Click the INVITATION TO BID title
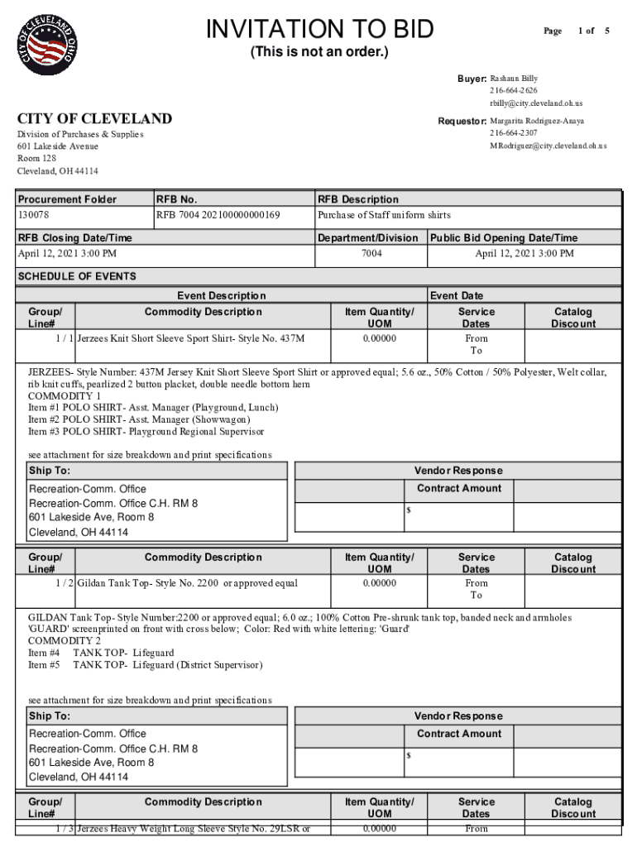pos(319,29)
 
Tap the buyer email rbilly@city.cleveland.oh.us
pos(535,103)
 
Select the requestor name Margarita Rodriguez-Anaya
pos(536,121)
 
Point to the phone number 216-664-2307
pos(513,133)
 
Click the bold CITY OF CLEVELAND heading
pos(94,119)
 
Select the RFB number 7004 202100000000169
pos(218,215)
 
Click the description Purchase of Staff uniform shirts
pos(385,215)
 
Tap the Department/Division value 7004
pos(371,254)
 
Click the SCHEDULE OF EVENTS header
pos(77,276)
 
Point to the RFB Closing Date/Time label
pos(74,238)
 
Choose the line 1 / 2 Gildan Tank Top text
pos(187,583)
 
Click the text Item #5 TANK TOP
pos(145,665)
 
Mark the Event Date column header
pos(457,295)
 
